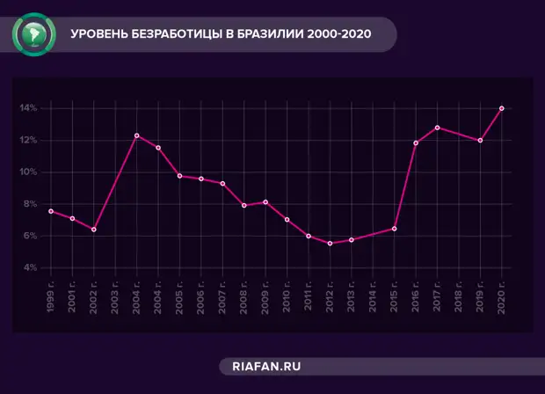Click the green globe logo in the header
coord(33,34)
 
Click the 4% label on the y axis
coord(30,267)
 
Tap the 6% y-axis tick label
coord(30,236)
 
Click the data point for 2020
coord(502,108)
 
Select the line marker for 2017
coord(437,128)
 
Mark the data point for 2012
coord(330,243)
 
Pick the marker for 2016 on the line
coord(416,142)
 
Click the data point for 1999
coord(51,211)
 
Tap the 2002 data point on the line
coord(94,230)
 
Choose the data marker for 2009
coord(265,202)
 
